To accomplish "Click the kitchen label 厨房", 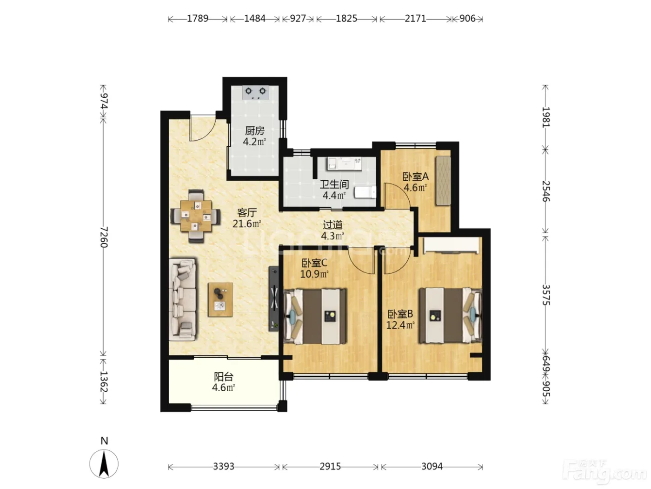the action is coord(254,131).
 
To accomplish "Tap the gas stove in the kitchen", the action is coord(255,92).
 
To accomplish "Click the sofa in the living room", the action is coord(182,299).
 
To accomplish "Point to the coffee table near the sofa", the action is coord(220,300).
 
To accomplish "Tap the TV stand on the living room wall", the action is coord(274,299).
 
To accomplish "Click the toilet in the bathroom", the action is coord(365,192).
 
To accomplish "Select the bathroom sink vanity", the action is coord(345,163).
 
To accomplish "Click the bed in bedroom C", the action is coord(315,317).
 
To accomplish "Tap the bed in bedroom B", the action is coord(450,315).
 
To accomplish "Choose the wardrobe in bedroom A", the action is coord(443,181).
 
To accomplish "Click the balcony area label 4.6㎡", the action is coord(224,388).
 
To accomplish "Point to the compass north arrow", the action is coord(104,463).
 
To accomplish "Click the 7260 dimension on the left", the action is coord(104,237).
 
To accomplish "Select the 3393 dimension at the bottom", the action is coord(224,467).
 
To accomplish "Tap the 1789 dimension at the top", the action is coord(198,19).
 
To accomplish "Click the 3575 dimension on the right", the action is coord(546,295).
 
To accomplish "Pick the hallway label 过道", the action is coord(333,225).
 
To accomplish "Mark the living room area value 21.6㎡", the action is coord(247,224).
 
